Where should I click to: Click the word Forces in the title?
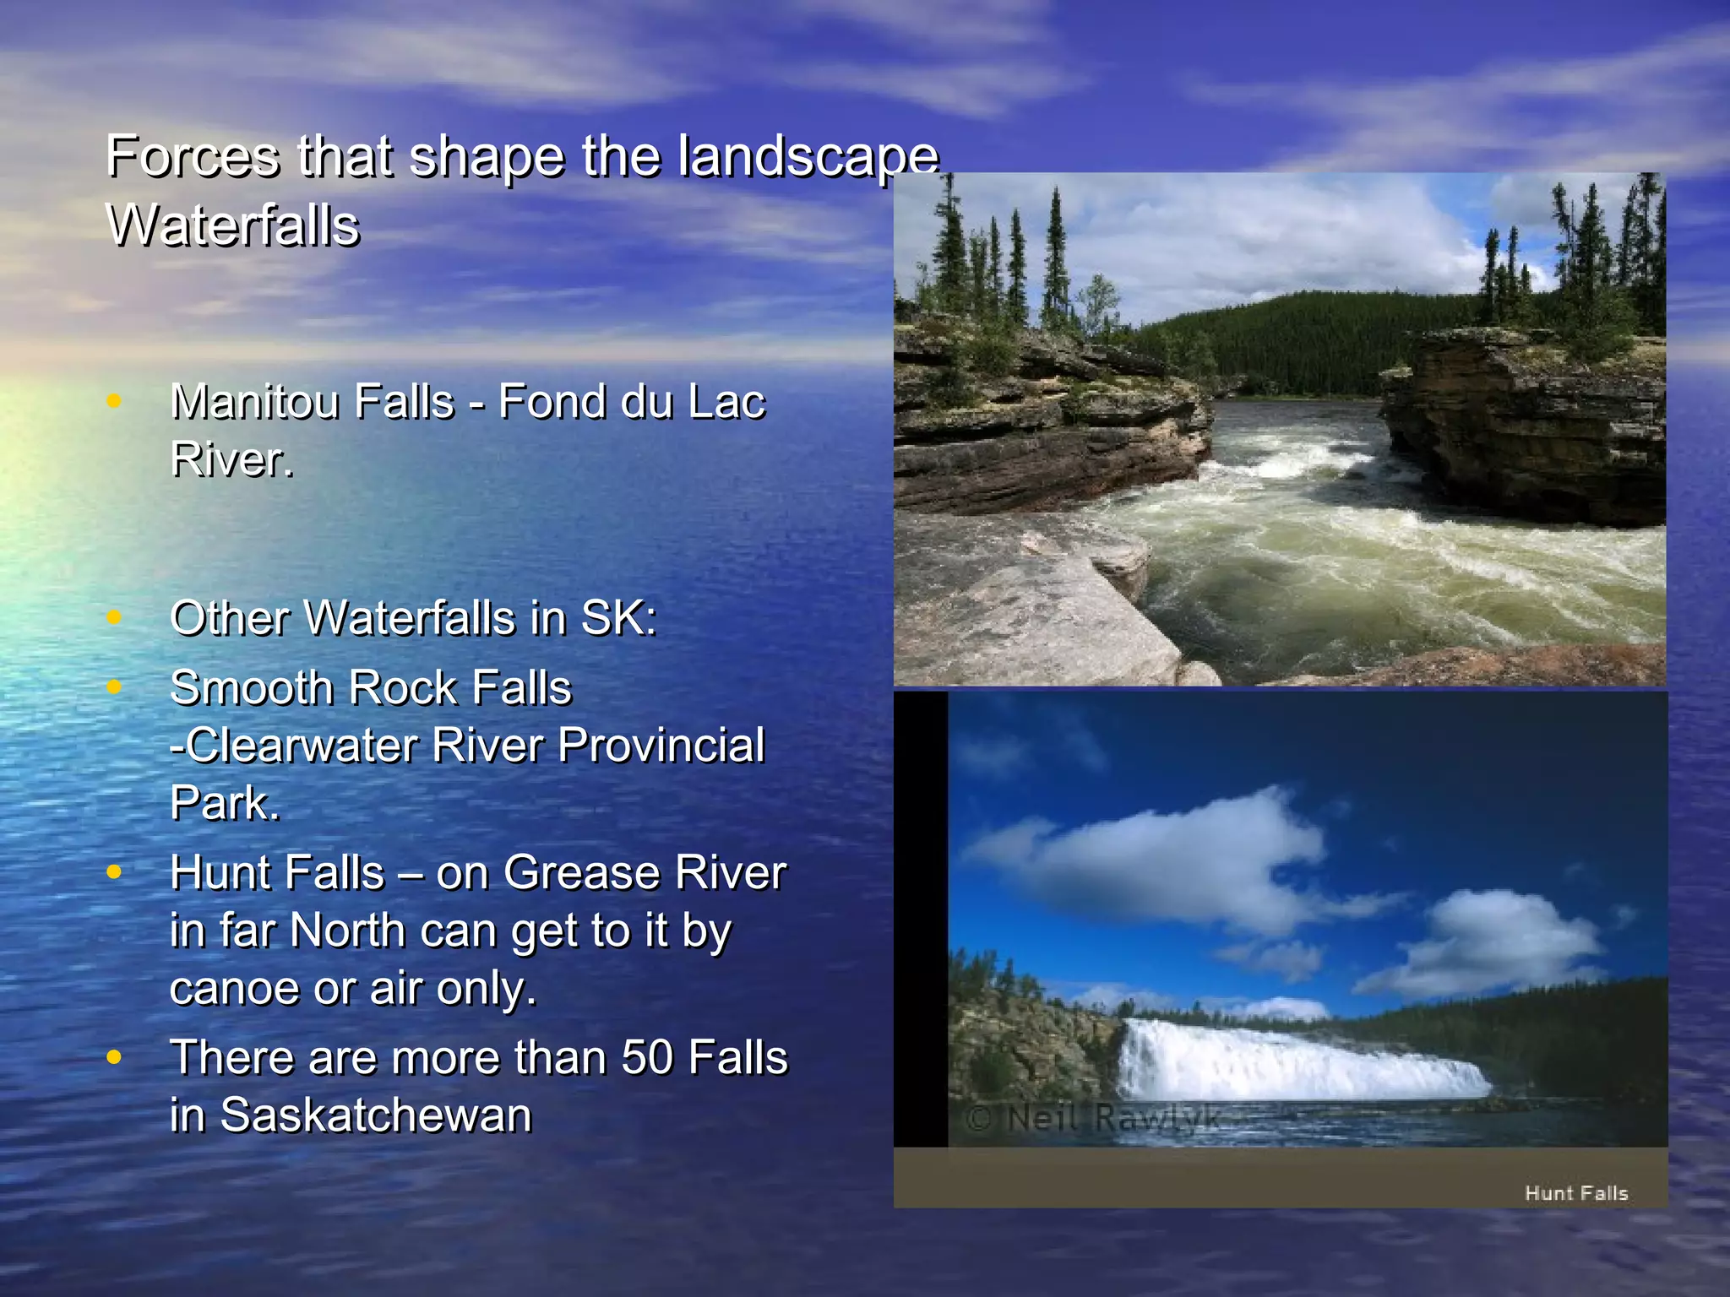click(x=193, y=157)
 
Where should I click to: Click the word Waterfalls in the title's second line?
click(x=233, y=225)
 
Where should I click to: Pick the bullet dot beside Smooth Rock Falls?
click(x=114, y=686)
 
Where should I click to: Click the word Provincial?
click(x=661, y=746)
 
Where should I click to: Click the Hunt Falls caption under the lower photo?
click(x=1575, y=1193)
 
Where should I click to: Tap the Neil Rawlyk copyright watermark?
click(x=1093, y=1119)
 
